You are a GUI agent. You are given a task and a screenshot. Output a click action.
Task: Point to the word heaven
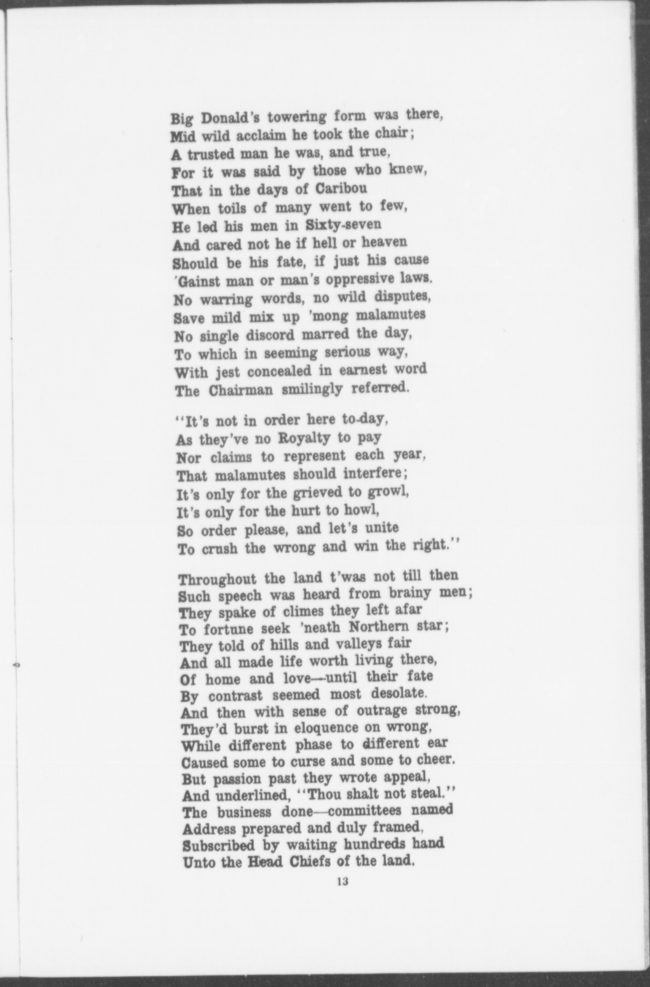click(x=384, y=242)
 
